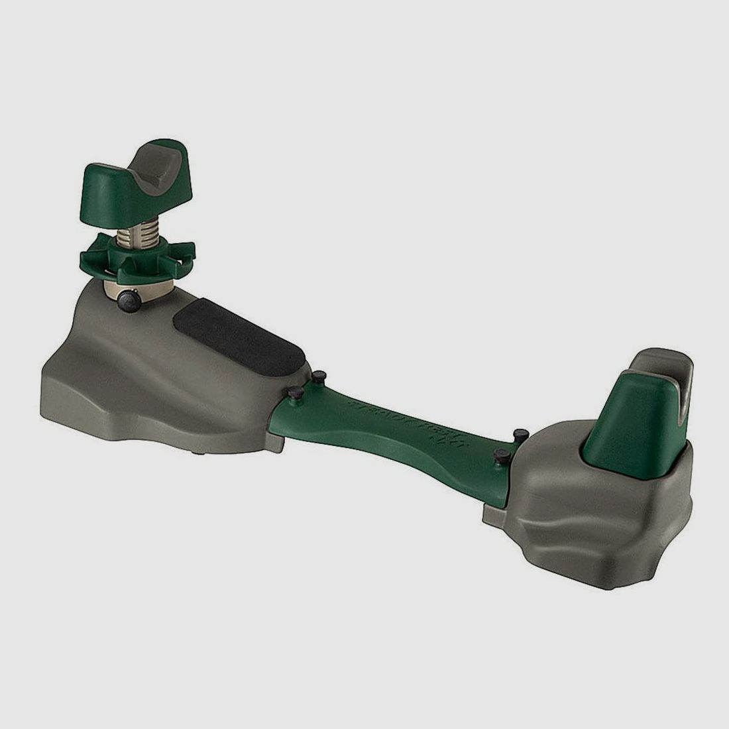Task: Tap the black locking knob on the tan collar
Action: [x=128, y=304]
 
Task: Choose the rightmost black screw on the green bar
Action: [x=520, y=434]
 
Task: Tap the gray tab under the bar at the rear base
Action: [x=494, y=514]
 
